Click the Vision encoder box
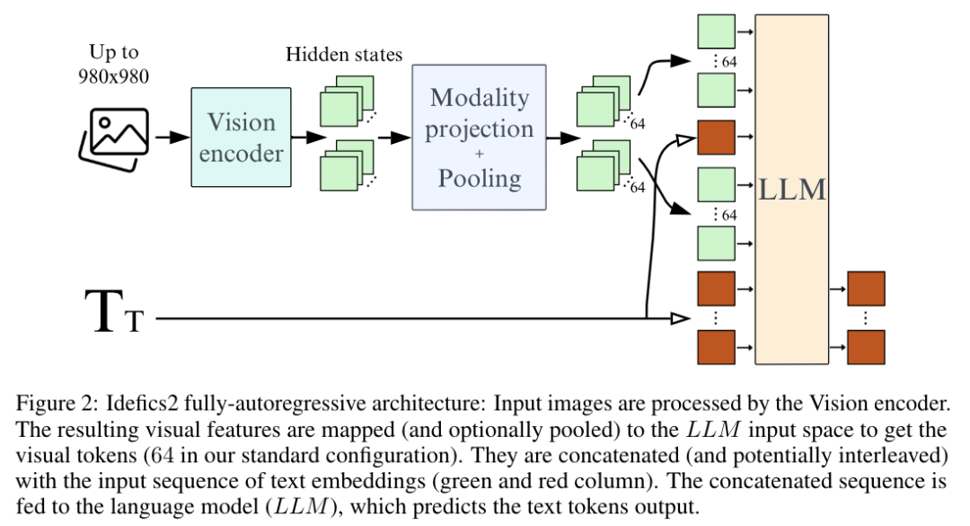point(241,137)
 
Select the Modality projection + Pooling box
point(479,137)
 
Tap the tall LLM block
point(791,189)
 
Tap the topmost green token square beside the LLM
point(716,31)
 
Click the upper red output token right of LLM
point(866,289)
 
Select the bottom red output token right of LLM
point(866,347)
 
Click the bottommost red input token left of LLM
point(716,347)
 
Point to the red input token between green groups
point(716,138)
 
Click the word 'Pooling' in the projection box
point(479,178)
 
